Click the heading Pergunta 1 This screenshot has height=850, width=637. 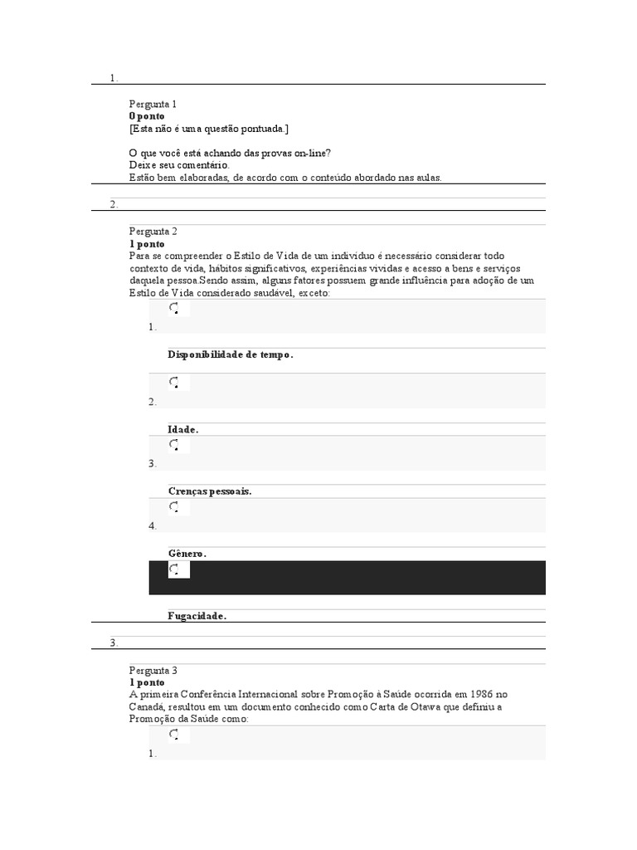[x=153, y=104]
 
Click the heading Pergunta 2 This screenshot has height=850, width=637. [x=153, y=232]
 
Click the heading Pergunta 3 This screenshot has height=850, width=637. [x=153, y=670]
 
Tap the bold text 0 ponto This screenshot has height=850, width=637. [x=147, y=116]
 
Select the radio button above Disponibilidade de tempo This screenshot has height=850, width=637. [x=174, y=310]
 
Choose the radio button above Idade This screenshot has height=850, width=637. [x=174, y=383]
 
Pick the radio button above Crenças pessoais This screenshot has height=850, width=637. [x=174, y=445]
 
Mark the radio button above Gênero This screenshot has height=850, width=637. [x=174, y=506]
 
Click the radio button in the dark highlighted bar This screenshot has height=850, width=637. [x=174, y=569]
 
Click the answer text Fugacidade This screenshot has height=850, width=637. [x=197, y=616]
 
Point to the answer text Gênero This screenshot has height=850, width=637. [x=187, y=553]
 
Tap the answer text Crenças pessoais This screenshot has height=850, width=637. [x=209, y=491]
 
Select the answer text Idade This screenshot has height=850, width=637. [x=182, y=429]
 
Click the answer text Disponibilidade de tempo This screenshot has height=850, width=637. [x=230, y=354]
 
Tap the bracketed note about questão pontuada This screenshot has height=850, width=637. [x=209, y=129]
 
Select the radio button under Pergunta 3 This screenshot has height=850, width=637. [x=174, y=735]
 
